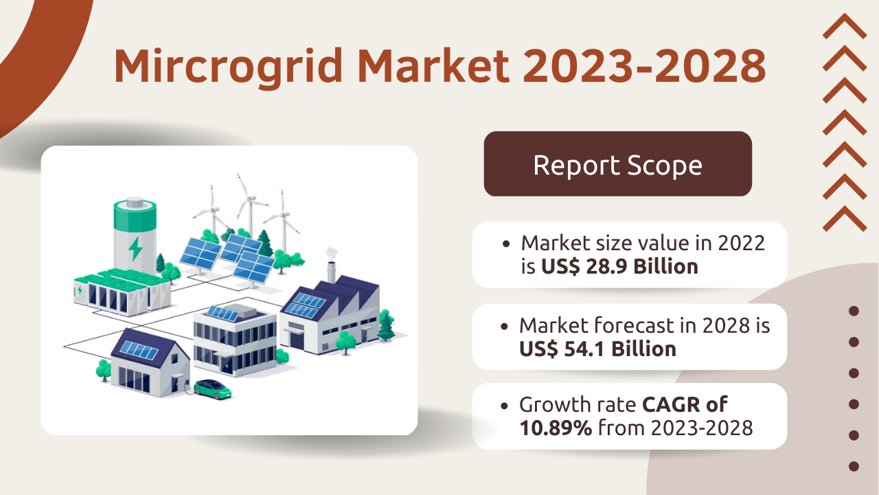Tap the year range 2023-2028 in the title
tap(644, 65)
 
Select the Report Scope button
tap(617, 164)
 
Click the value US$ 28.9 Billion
tap(619, 266)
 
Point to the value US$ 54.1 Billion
tap(597, 349)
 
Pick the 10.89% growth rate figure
tap(556, 428)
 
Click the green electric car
tap(212, 389)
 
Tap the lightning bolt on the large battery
tap(136, 248)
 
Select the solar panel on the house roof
tap(139, 350)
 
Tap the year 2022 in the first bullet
tap(741, 243)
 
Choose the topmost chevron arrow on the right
tap(845, 26)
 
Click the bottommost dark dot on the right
tap(854, 466)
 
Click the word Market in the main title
tap(433, 65)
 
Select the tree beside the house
tap(104, 370)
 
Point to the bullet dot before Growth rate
tap(504, 406)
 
